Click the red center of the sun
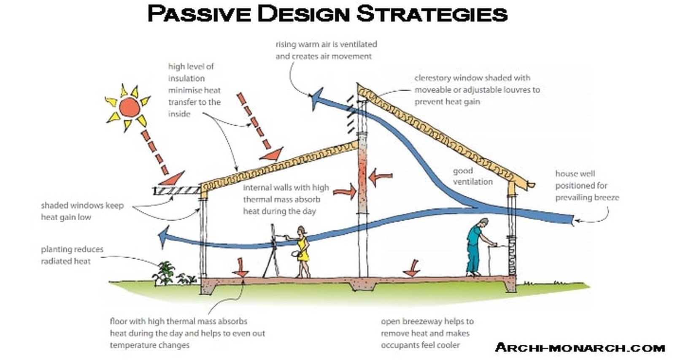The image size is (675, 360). click(x=130, y=107)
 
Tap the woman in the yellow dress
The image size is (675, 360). click(x=301, y=252)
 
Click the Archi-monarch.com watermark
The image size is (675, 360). click(x=580, y=348)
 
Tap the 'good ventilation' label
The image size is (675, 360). click(x=473, y=176)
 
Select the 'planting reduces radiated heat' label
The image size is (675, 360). click(x=72, y=255)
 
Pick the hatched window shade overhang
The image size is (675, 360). click(x=177, y=191)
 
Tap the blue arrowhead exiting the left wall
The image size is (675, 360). click(x=163, y=238)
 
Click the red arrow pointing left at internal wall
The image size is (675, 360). click(x=380, y=177)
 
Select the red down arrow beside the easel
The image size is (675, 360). click(x=240, y=268)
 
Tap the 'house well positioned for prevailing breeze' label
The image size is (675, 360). click(x=587, y=185)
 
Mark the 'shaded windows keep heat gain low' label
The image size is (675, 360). click(x=82, y=211)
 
